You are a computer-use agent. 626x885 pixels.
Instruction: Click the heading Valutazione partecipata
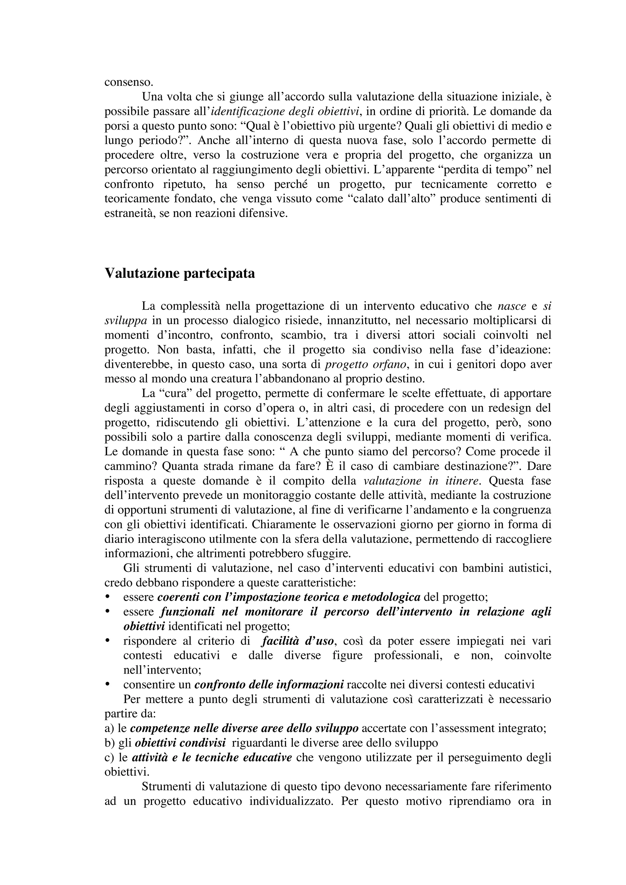pyautogui.click(x=180, y=273)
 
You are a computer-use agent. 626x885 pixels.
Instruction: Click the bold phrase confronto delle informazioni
pyautogui.click(x=269, y=685)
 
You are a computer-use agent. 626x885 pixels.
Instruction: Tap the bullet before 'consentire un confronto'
pyautogui.click(x=108, y=685)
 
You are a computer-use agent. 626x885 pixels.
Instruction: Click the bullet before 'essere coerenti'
pyautogui.click(x=108, y=597)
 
